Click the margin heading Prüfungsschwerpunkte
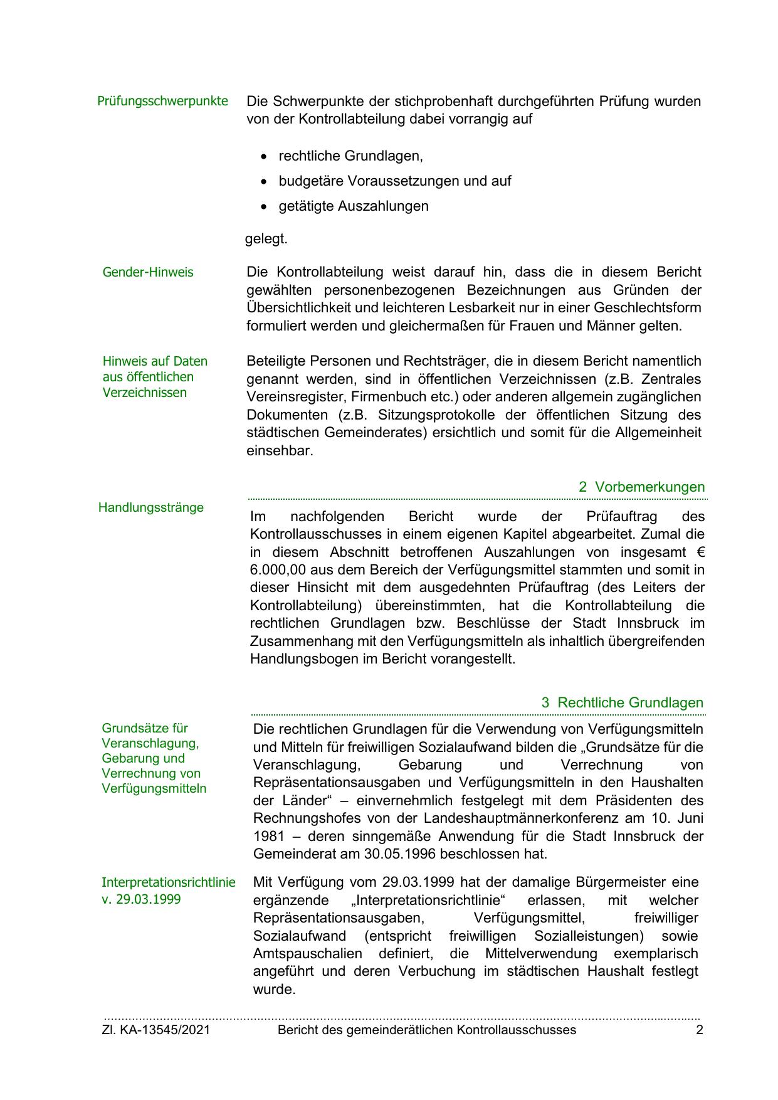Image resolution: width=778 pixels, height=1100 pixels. [x=162, y=101]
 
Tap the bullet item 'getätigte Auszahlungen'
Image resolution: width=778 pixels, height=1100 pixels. [x=354, y=206]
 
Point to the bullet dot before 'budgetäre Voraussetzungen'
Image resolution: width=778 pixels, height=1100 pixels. [x=265, y=181]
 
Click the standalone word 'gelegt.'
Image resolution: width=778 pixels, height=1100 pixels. [x=266, y=239]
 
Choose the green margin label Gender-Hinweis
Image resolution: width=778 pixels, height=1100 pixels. [x=148, y=272]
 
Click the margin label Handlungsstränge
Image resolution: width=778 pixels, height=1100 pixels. [x=151, y=507]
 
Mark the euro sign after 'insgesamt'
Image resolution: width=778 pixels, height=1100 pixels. [x=700, y=553]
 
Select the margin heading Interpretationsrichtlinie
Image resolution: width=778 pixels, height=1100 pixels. [x=169, y=882]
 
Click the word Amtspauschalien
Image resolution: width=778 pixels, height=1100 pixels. [x=308, y=954]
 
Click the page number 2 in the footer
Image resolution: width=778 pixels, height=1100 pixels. [x=700, y=1030]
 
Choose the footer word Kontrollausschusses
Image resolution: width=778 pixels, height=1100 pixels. [x=516, y=1030]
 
